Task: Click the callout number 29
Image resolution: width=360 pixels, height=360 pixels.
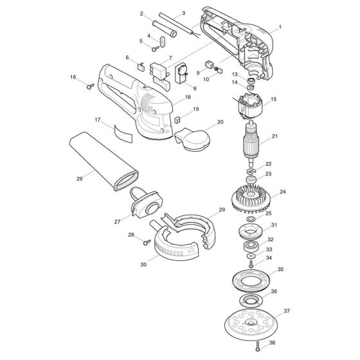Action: click(222, 210)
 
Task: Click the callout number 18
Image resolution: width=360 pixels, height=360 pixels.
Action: click(188, 96)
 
